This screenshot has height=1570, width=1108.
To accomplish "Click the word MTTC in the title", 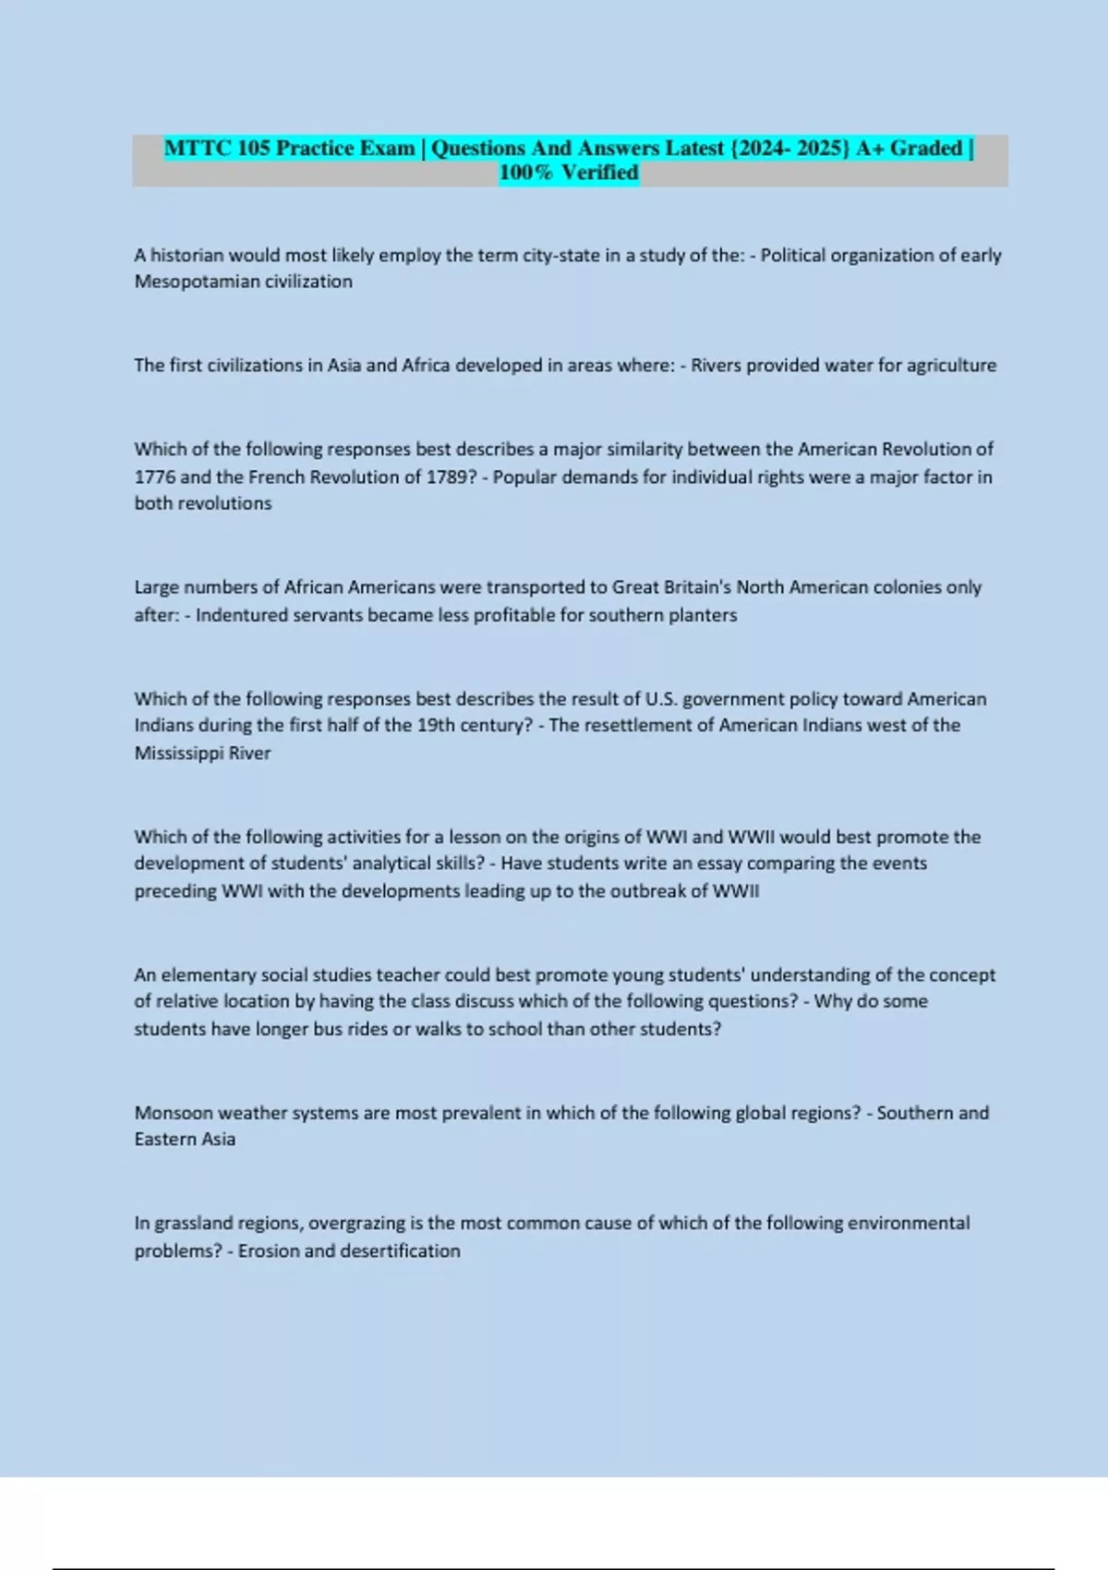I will point(197,148).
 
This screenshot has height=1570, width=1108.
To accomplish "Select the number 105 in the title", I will point(253,148).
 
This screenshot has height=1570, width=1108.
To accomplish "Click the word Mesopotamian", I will point(190,282).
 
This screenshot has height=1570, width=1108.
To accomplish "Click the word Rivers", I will point(717,366).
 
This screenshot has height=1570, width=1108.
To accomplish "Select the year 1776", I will point(154,477).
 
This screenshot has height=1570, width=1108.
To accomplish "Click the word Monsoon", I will point(174,1113).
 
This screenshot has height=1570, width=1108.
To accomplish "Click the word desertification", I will point(401,1251).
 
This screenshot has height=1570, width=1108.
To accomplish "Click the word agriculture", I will point(951,366).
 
